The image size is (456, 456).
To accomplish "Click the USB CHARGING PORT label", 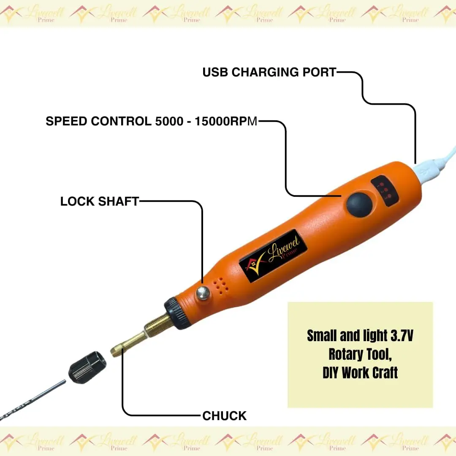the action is [x=269, y=72].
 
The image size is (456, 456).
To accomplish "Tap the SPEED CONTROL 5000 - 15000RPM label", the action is [x=152, y=121].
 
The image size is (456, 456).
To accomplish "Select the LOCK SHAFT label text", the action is [x=100, y=201].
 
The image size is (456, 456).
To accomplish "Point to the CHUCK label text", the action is [x=224, y=416].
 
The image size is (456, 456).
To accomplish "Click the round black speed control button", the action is [x=359, y=204].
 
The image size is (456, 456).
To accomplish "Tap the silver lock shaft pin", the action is [x=203, y=293].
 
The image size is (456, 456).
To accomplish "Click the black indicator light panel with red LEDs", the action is [x=385, y=190].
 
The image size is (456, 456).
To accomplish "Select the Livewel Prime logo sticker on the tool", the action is [x=273, y=255].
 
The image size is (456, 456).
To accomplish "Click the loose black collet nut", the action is [x=87, y=367].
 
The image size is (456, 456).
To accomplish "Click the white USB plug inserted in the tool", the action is [x=427, y=172].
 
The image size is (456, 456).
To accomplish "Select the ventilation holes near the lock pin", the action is [x=220, y=285].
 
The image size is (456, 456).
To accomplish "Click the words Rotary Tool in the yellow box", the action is [x=360, y=354].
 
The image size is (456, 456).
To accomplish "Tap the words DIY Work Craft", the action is [x=360, y=373].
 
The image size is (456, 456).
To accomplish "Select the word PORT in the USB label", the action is [x=319, y=72].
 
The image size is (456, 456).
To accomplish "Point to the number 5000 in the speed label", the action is [x=169, y=121].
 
